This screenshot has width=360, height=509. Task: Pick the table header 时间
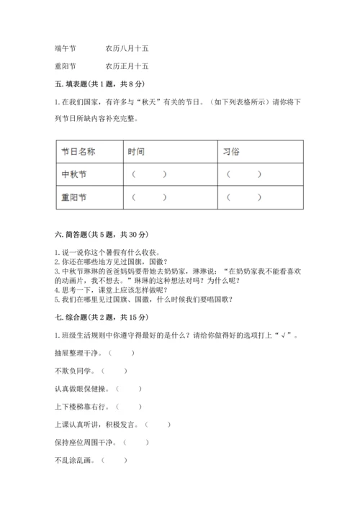tap(136, 151)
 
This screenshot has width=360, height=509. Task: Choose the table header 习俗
tap(233, 151)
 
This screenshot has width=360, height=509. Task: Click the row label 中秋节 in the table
tap(74, 174)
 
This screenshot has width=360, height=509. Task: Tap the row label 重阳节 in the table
tap(74, 197)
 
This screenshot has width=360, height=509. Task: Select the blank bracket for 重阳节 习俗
tap(245, 197)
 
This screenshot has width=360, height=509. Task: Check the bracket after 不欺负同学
tap(114, 370)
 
